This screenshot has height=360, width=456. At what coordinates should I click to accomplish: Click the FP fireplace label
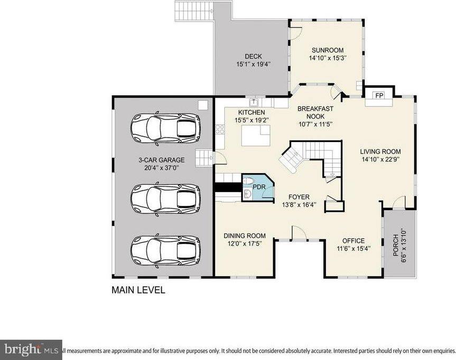(x=379, y=96)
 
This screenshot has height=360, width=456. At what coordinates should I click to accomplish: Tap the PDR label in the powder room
(x=259, y=186)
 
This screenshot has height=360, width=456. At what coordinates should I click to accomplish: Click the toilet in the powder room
(x=248, y=182)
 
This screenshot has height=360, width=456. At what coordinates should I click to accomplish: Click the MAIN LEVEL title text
(x=138, y=290)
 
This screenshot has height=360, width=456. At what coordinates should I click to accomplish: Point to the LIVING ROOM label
(x=380, y=150)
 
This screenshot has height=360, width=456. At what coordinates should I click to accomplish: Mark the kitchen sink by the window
(x=254, y=101)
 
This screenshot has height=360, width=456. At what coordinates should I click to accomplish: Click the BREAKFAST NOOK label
(x=315, y=112)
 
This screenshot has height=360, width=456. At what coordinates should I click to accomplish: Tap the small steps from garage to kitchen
(x=203, y=157)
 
